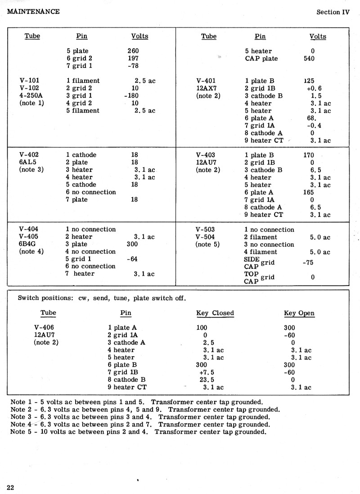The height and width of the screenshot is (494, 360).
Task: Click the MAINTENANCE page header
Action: point(33,11)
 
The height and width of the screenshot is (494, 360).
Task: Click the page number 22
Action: point(10,487)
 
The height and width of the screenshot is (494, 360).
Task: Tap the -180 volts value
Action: point(131,95)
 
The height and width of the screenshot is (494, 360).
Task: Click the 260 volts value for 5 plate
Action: point(133,51)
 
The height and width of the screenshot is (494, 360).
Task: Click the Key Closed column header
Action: point(215,313)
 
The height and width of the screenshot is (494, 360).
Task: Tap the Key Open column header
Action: point(299,313)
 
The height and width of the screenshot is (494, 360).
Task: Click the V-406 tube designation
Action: point(44,327)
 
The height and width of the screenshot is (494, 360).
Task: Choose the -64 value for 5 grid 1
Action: point(131,259)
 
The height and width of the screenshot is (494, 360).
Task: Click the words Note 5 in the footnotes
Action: point(21,432)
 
